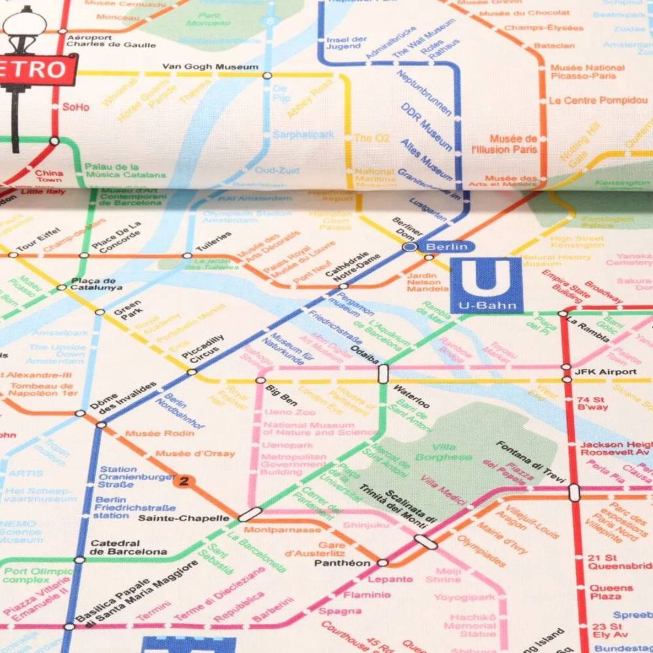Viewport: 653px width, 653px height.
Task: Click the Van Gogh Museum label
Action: tap(210, 67)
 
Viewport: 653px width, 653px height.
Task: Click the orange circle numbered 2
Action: tap(184, 481)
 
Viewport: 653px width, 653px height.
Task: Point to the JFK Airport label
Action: tap(606, 372)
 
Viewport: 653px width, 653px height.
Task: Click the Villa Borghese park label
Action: tap(444, 452)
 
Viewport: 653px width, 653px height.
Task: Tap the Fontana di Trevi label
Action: tap(531, 462)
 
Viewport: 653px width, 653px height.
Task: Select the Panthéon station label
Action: tap(342, 563)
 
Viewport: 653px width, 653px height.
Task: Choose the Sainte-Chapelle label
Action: tap(184, 518)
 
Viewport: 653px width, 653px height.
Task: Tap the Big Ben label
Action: tap(281, 395)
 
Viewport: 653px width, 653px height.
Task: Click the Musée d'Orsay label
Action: tap(195, 454)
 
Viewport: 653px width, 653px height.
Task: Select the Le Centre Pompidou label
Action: tap(598, 100)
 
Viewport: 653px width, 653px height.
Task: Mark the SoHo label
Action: tap(75, 107)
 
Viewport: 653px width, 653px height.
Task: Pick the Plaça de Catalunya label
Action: tap(96, 284)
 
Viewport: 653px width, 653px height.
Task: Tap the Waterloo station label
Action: tap(411, 396)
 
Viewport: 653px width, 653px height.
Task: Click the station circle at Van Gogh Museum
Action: tap(267, 75)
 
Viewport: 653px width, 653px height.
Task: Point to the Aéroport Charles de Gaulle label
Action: tap(111, 41)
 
